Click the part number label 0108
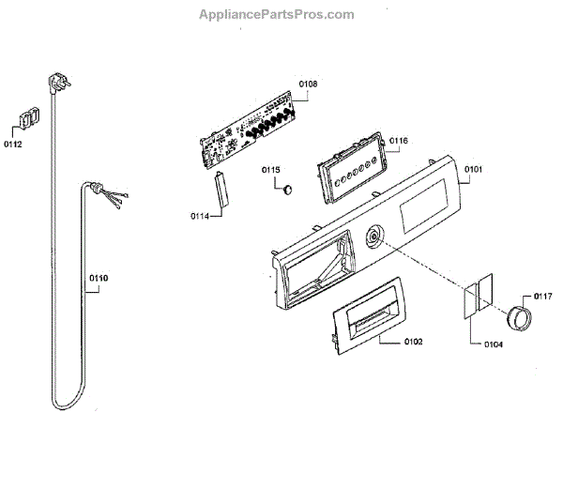(x=308, y=84)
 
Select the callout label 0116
(x=398, y=141)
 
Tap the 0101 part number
(x=472, y=169)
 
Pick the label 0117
(x=542, y=298)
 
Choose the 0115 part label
(x=270, y=169)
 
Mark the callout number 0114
(x=199, y=217)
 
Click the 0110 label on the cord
(x=99, y=279)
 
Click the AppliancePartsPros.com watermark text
(x=278, y=15)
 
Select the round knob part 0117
(x=516, y=319)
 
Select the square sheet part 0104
(x=476, y=295)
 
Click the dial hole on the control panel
(x=375, y=237)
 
